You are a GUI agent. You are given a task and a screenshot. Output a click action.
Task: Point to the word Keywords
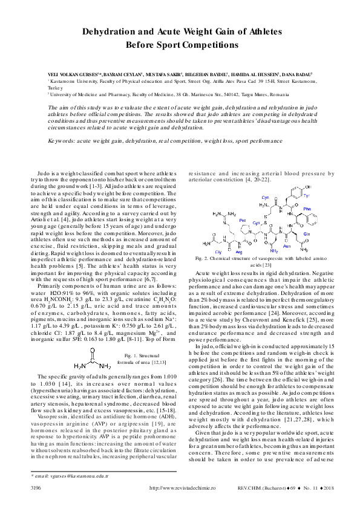point(62,140)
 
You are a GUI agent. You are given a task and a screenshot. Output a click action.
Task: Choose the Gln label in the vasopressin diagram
point(306,233)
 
